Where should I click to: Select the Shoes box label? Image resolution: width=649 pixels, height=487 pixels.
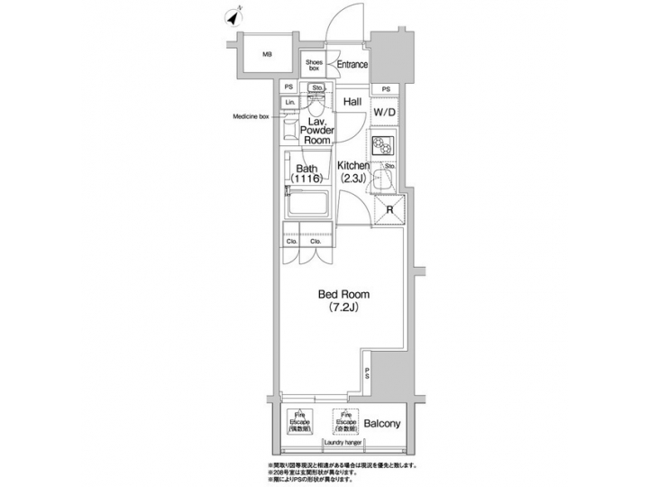tap(315, 65)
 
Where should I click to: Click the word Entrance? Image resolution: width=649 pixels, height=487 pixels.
tap(352, 64)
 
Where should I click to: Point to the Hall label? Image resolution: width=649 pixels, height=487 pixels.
tap(352, 102)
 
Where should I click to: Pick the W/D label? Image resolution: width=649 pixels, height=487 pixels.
tap(385, 112)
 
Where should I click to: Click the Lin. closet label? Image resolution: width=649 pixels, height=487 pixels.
tap(289, 103)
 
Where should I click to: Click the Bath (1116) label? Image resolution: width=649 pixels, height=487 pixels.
tap(305, 174)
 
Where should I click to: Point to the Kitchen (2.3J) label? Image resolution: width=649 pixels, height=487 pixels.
tap(353, 171)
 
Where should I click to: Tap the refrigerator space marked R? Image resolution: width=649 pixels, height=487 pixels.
tap(390, 210)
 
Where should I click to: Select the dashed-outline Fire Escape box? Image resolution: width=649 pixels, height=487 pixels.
tap(299, 423)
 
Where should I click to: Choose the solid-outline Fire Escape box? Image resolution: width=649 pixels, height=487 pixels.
tap(338, 423)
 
